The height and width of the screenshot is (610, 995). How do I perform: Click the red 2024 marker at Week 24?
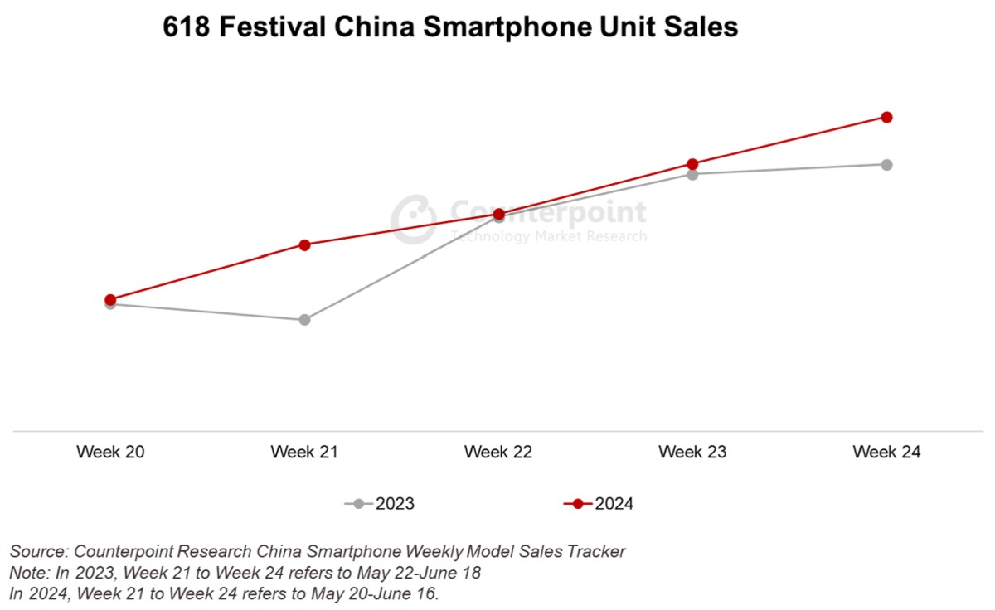click(x=886, y=117)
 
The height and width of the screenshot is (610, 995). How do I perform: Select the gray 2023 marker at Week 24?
click(x=886, y=165)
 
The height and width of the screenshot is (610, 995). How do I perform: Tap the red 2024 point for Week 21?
click(x=304, y=244)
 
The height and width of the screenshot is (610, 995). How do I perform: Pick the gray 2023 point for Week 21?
click(x=304, y=320)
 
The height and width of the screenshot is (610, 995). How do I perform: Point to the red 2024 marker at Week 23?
click(x=692, y=164)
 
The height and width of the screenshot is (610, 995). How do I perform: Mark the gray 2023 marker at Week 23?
click(x=692, y=175)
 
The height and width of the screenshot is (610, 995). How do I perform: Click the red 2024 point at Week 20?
click(x=110, y=299)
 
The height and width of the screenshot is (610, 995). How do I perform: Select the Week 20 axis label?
click(x=110, y=453)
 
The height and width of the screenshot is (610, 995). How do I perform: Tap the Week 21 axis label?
click(x=304, y=453)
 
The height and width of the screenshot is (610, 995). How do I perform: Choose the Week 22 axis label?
click(x=498, y=453)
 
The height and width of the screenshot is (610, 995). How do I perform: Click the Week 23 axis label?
click(x=692, y=453)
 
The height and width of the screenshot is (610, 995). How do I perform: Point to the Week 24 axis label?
click(x=886, y=453)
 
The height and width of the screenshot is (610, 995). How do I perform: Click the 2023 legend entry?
click(x=380, y=504)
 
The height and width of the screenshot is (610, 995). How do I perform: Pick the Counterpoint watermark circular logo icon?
click(x=413, y=219)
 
